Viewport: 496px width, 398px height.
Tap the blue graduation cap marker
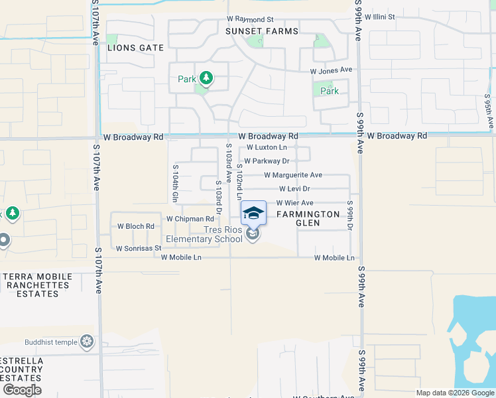(253, 214)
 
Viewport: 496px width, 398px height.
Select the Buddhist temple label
(51, 342)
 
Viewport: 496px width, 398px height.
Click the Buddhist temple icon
(87, 342)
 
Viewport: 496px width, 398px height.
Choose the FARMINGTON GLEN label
(308, 218)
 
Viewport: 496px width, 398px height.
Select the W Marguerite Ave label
(292, 175)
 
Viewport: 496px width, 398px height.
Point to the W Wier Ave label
(294, 203)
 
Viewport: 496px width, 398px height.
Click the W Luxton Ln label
(267, 147)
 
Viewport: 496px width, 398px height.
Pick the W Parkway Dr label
(267, 161)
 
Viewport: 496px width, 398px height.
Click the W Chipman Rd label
(190, 219)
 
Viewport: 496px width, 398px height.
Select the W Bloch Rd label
(135, 226)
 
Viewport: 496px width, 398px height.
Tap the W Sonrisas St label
(139, 249)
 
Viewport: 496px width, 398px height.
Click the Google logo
(22, 390)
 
